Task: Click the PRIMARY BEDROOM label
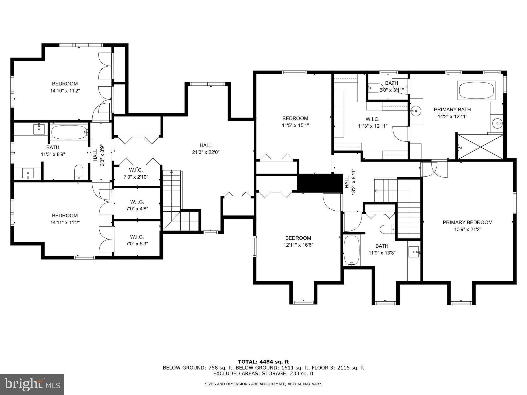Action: [467, 222]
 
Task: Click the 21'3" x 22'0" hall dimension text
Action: [206, 152]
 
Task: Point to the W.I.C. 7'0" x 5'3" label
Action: [137, 240]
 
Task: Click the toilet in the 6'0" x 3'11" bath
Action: [372, 88]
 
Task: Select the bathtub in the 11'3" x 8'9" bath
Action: [69, 132]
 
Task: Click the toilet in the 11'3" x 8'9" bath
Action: [79, 172]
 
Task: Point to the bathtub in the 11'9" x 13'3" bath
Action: [352, 250]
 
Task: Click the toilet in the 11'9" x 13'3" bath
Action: [387, 229]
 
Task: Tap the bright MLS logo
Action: [32, 384]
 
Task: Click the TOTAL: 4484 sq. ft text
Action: [263, 362]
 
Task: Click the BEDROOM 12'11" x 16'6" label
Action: [298, 241]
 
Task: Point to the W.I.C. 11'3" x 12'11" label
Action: [372, 122]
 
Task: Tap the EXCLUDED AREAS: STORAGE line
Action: [263, 373]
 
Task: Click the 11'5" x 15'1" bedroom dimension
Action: [295, 125]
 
